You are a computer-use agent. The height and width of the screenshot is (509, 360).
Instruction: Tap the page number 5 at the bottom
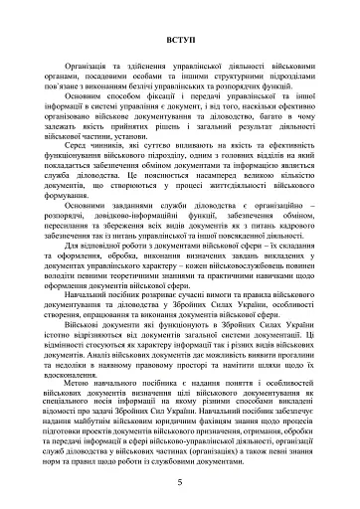coord(180,481)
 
